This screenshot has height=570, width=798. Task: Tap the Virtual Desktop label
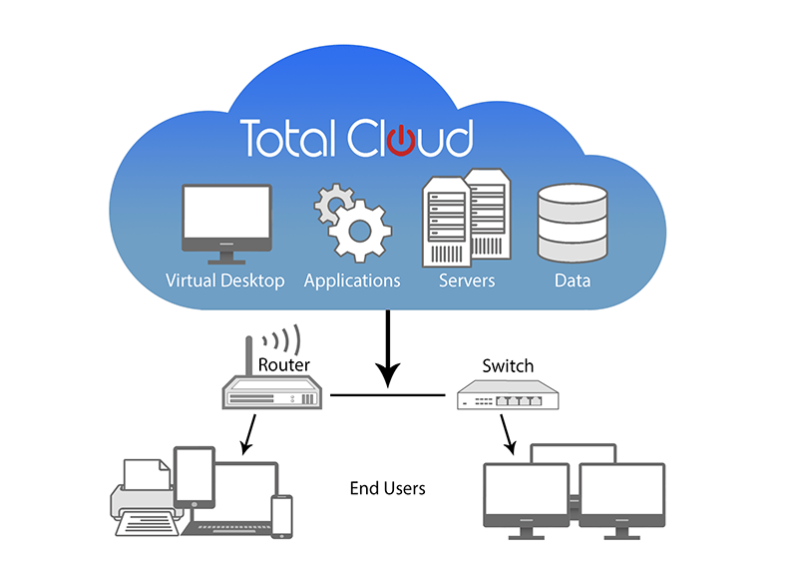tap(224, 281)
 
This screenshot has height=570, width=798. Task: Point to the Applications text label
tap(352, 281)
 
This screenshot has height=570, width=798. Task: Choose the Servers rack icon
tap(465, 215)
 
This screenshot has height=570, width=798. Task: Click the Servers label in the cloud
tap(467, 281)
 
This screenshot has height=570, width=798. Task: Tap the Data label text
tap(573, 281)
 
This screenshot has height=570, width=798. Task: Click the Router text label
tap(284, 365)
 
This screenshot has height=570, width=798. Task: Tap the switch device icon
tap(507, 397)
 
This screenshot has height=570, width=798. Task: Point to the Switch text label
tap(508, 366)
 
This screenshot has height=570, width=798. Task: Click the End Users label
tap(387, 488)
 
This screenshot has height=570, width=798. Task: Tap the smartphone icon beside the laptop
tap(283, 515)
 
